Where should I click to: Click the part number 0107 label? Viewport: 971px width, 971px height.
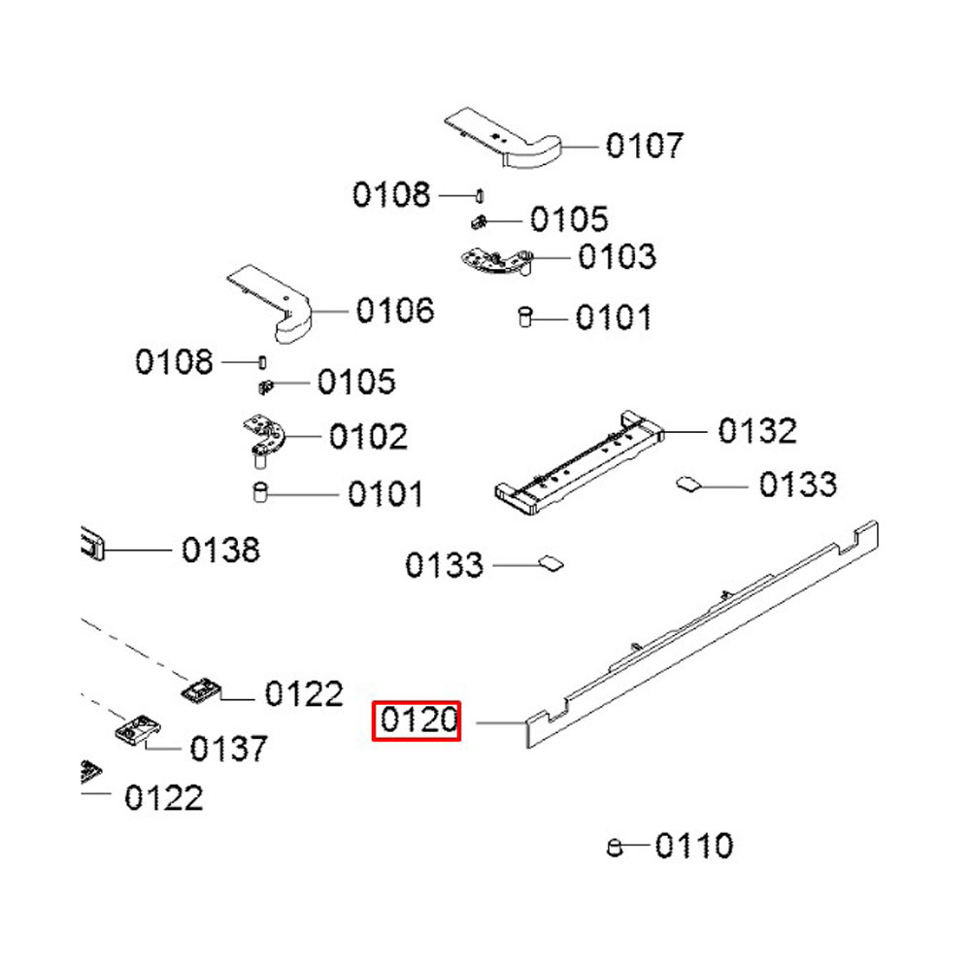644,146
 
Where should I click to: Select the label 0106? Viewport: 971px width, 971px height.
395,311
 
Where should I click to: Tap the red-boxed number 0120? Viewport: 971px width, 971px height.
419,720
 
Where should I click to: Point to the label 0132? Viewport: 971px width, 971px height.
757,430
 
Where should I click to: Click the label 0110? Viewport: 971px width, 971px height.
693,846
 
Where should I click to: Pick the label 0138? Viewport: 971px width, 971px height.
220,550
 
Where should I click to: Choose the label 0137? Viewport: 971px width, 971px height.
228,749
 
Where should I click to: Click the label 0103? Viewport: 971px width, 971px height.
617,256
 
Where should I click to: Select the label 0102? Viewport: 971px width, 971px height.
368,437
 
